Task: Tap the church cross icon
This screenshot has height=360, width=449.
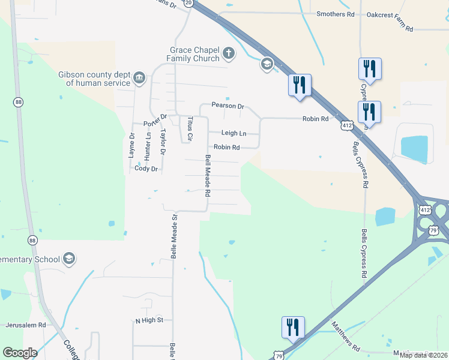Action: (x=228, y=54)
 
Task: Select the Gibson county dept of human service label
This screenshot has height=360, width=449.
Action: (x=94, y=79)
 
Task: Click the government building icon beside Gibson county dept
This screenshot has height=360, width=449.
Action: (x=139, y=77)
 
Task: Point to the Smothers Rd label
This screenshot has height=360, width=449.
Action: (x=335, y=14)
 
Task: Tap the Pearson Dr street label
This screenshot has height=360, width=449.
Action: (x=228, y=106)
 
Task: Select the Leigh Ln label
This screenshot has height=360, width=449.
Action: (x=234, y=133)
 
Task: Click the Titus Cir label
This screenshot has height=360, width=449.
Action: (x=190, y=128)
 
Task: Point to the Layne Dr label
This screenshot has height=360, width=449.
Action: (x=131, y=145)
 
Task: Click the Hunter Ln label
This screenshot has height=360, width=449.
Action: (x=148, y=144)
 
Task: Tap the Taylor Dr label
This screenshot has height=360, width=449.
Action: (x=163, y=142)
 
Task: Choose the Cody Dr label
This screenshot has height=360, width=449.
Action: (x=146, y=169)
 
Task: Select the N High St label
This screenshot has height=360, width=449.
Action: (x=149, y=321)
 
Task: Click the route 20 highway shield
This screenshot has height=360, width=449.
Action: (x=188, y=3)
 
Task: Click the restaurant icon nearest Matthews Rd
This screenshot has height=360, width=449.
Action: (x=293, y=328)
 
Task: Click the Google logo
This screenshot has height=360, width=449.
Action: (x=20, y=353)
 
